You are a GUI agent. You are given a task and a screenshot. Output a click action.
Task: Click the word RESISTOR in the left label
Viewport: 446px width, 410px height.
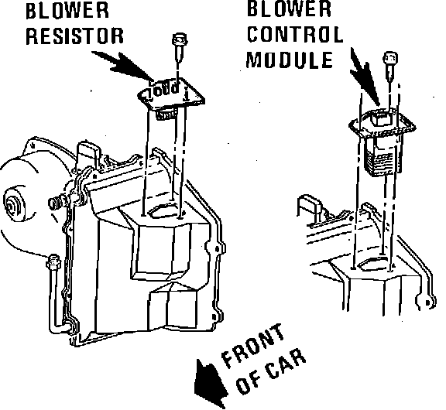[75, 36]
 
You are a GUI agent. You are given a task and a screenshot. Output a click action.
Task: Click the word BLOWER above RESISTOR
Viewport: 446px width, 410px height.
[67, 11]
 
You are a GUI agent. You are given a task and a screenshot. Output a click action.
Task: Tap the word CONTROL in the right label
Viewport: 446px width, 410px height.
[295, 34]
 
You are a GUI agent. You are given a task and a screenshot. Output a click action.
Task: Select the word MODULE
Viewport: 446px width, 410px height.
[290, 60]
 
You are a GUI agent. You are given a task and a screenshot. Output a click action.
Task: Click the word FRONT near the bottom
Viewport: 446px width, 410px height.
[253, 345]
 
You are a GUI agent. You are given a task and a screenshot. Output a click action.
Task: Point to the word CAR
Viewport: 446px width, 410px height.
[286, 364]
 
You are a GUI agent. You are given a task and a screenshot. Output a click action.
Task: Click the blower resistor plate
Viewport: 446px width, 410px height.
[171, 94]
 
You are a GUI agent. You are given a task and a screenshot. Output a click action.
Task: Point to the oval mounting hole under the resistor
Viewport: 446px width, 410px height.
[161, 212]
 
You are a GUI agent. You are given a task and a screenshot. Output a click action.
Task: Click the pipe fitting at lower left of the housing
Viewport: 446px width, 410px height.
[53, 262]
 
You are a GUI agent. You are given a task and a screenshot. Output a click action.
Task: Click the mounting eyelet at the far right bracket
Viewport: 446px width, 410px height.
[426, 302]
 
